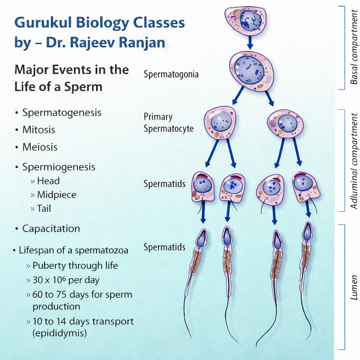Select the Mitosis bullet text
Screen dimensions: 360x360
coord(39,130)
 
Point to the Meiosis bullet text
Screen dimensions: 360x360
coord(40,147)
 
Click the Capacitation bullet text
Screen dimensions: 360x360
coord(51,229)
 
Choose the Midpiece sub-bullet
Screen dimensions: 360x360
coord(57,195)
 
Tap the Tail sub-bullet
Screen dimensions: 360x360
coord(44,208)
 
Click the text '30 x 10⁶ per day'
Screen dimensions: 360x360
coord(66,280)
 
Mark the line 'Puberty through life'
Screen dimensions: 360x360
coord(75,265)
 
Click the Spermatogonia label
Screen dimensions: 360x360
coord(171,75)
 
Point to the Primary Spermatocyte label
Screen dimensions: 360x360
coord(168,123)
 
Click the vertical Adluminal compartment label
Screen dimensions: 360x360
coord(354,161)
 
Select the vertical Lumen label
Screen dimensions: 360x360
coord(354,287)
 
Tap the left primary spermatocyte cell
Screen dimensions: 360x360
coord(220,122)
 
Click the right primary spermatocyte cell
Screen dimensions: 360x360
coord(285,123)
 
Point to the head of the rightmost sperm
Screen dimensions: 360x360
coord(307,232)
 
